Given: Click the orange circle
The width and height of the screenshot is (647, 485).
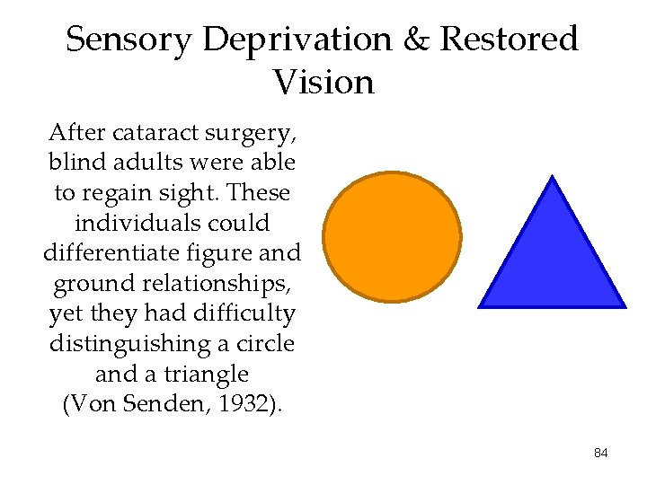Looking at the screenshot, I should (392, 236).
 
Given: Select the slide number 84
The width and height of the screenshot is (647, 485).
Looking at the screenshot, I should (601, 454).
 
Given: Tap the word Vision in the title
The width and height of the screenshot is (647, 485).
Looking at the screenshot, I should (323, 83).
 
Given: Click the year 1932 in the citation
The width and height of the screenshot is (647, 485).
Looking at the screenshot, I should (244, 403).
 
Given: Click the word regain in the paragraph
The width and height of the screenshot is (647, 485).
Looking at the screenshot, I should (118, 194).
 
